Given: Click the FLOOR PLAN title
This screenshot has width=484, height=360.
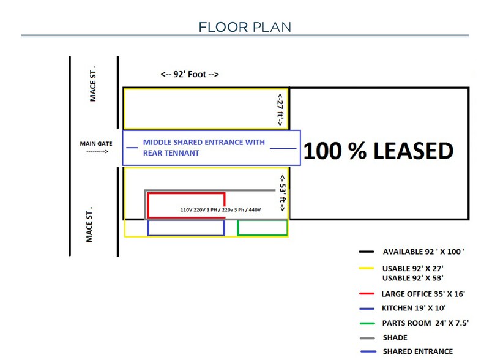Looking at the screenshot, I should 244,27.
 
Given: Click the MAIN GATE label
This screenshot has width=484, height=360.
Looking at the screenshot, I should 95,144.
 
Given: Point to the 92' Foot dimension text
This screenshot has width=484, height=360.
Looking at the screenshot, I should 190,74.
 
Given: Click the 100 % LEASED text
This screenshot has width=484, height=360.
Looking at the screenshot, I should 378,151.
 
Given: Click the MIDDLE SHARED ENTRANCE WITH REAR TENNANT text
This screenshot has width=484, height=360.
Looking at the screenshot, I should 204,148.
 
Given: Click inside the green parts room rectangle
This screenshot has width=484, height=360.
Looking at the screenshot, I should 262,227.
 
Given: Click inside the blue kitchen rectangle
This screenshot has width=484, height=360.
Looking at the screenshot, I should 186,227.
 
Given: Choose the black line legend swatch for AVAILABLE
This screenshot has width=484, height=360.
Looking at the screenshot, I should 367,252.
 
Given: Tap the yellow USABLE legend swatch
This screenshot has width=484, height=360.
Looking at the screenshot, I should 367,268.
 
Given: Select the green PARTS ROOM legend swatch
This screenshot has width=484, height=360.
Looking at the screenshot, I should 367,323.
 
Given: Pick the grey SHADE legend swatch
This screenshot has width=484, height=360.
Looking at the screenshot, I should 367,337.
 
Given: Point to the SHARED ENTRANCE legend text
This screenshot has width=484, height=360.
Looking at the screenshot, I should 418,351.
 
